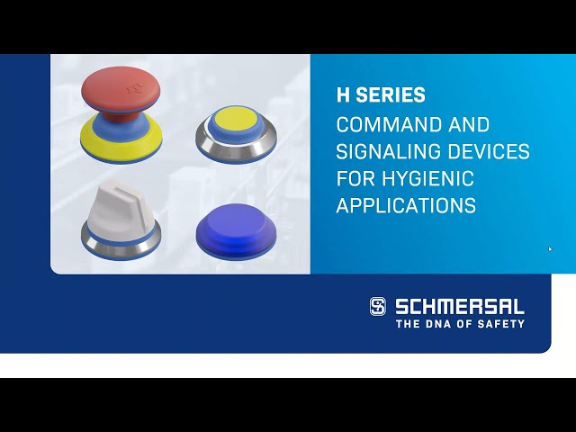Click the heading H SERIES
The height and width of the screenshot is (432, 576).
[x=381, y=94]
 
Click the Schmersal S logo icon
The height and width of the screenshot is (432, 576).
[x=378, y=306]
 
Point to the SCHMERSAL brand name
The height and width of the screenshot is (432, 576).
[x=460, y=306]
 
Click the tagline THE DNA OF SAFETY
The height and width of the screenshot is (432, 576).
[x=460, y=323]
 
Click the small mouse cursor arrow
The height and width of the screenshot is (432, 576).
[x=550, y=249]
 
